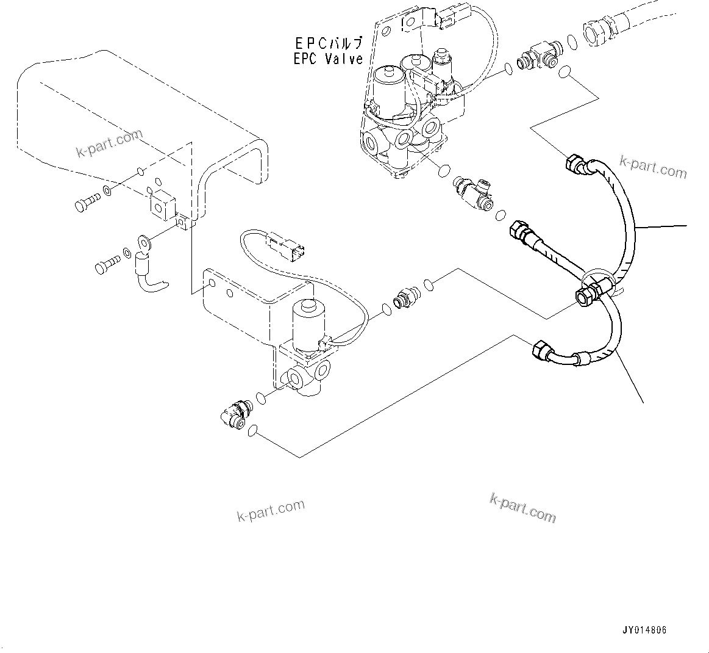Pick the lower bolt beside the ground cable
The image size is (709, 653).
click(x=107, y=265)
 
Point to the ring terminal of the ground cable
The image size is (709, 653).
click(x=144, y=241)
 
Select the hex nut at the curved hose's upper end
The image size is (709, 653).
click(x=575, y=164)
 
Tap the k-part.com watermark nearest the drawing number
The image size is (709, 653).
click(x=522, y=508)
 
